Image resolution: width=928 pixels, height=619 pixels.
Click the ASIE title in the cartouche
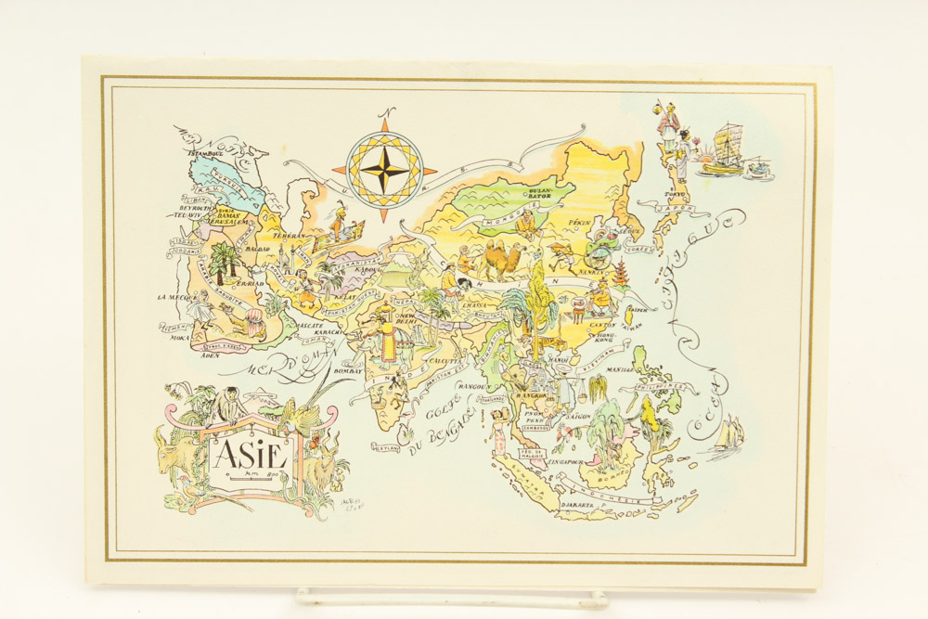pyautogui.click(x=246, y=455)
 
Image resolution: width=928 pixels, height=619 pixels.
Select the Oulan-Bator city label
pyautogui.click(x=540, y=192)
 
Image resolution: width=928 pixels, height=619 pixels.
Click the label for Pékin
pyautogui.click(x=579, y=224)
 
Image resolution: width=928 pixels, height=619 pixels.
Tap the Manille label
pyautogui.click(x=621, y=368)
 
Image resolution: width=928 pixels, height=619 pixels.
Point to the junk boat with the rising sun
pyautogui.click(x=723, y=150)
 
